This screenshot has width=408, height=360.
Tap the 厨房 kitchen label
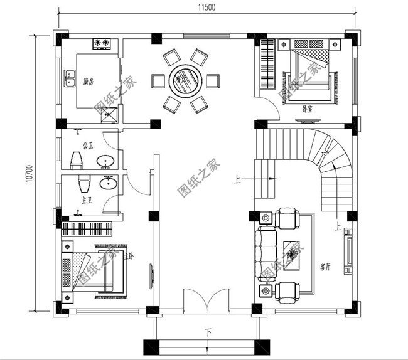click(89, 81)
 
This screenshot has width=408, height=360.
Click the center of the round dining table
click(185, 80)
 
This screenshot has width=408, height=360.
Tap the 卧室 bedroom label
click(307, 109)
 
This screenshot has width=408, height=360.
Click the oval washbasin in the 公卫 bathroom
click(105, 162)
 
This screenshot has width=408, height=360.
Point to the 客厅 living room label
click(325, 267)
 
